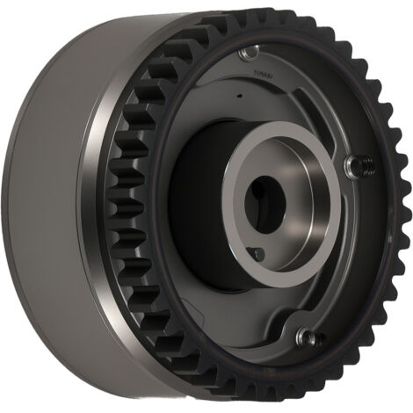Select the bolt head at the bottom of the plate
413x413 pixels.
click(x=304, y=336)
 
